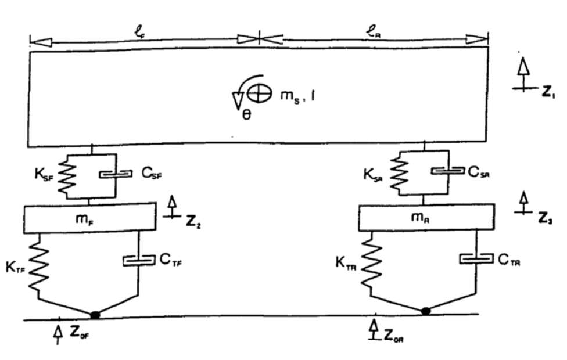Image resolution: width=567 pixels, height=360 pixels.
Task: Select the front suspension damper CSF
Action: (x=115, y=174)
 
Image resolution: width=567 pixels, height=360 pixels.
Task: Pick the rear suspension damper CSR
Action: (x=447, y=171)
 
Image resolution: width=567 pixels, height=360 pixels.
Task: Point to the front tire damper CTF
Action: (x=138, y=261)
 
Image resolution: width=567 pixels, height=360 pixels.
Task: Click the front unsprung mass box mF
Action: (x=89, y=218)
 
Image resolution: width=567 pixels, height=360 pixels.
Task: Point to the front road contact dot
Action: (x=95, y=315)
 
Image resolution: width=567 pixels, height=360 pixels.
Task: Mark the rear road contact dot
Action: (x=426, y=311)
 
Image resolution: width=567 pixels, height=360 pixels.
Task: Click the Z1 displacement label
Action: (x=546, y=93)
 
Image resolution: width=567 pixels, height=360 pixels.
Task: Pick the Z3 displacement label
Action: (x=546, y=221)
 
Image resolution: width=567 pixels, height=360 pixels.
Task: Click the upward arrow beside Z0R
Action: (x=375, y=327)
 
